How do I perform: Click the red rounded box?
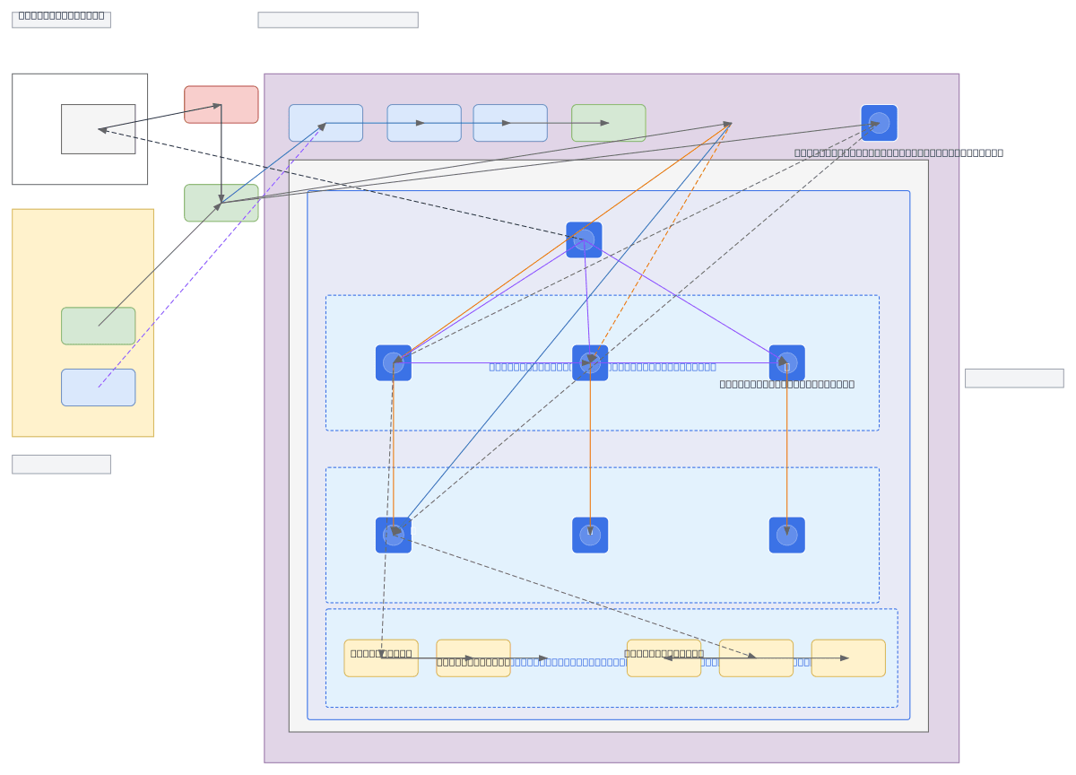pyautogui.click(x=221, y=104)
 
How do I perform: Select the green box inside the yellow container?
pyautogui.click(x=98, y=326)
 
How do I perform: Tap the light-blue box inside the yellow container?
pyautogui.click(x=98, y=387)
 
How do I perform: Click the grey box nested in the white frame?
pyautogui.click(x=98, y=128)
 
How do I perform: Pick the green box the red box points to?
pyautogui.click(x=221, y=203)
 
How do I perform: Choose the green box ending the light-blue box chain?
pyautogui.click(x=608, y=123)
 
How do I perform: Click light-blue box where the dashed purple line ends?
pyautogui.click(x=325, y=123)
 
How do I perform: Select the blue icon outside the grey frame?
pyautogui.click(x=879, y=123)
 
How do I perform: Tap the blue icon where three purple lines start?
pyautogui.click(x=584, y=239)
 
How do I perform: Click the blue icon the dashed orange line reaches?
pyautogui.click(x=590, y=362)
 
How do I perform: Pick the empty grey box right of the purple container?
pyautogui.click(x=1013, y=378)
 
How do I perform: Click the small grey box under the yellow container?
pyautogui.click(x=61, y=464)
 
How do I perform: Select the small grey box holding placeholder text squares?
pyautogui.click(x=61, y=20)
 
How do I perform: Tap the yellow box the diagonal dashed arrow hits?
pyautogui.click(x=756, y=657)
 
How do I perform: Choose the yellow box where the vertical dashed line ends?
pyautogui.click(x=381, y=657)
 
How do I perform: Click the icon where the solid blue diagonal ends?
pyautogui.click(x=394, y=535)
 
